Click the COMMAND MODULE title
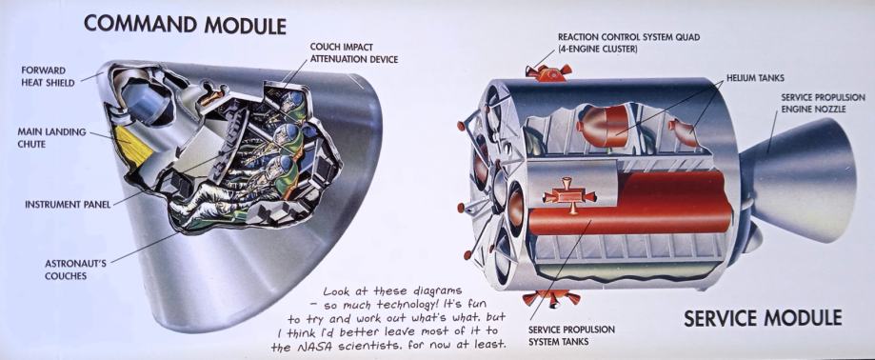click(x=185, y=25)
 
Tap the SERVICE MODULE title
click(x=763, y=317)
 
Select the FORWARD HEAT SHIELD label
click(x=48, y=76)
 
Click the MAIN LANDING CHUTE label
click(x=51, y=138)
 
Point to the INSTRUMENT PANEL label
click(x=68, y=204)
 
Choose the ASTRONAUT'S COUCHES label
click(x=75, y=269)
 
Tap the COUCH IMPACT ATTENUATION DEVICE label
click(x=354, y=53)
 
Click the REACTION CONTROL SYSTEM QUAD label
click(x=628, y=43)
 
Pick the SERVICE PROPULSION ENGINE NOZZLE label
click(x=823, y=103)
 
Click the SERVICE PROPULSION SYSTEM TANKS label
click(x=571, y=335)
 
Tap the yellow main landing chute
click(x=133, y=145)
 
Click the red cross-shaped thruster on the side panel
click(x=570, y=196)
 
